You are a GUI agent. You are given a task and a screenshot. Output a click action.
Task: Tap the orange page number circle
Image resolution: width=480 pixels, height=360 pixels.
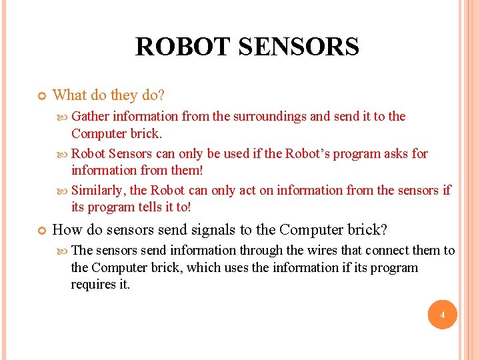pyautogui.click(x=443, y=315)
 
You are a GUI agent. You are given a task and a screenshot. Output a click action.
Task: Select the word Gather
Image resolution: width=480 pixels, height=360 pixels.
pyautogui.click(x=91, y=117)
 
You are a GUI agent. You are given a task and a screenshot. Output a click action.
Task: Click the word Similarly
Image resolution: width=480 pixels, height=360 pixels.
pyautogui.click(x=98, y=191)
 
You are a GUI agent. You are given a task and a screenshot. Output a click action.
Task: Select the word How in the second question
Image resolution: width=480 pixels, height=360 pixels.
pyautogui.click(x=67, y=230)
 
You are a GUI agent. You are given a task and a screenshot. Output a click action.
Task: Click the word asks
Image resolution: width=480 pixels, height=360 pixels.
pyautogui.click(x=397, y=154)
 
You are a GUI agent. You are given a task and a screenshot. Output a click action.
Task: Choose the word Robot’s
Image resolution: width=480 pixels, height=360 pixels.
pyautogui.click(x=309, y=154)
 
